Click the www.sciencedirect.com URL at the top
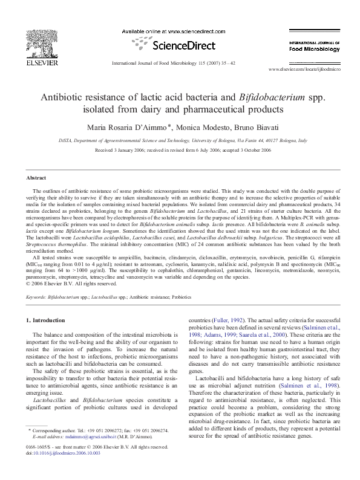179,31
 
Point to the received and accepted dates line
180,149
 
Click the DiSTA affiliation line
180,140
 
